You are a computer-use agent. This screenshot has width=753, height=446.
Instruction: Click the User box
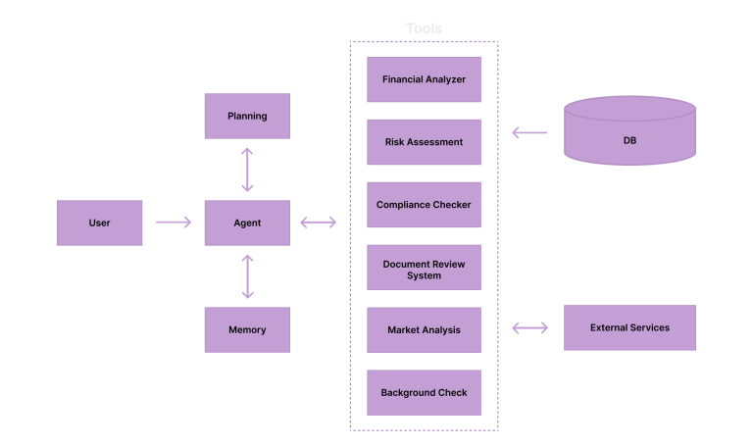pos(100,223)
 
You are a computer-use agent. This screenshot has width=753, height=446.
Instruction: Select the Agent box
pos(247,223)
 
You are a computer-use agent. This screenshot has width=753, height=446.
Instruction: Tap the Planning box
pos(247,116)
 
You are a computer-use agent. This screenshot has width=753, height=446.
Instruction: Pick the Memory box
pos(247,329)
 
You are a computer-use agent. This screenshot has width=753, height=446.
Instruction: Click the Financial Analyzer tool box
pos(424,79)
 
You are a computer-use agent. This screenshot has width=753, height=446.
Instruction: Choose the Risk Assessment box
pos(424,142)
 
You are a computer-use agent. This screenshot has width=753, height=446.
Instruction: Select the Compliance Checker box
pos(424,205)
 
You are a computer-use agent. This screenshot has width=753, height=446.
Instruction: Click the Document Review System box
pos(424,268)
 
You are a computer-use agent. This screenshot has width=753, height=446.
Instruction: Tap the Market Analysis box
pos(424,330)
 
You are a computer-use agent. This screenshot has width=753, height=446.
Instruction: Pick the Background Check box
pos(424,393)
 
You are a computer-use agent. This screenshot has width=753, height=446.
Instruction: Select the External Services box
pos(629,327)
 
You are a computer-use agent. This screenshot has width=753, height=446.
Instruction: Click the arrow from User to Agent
pos(174,223)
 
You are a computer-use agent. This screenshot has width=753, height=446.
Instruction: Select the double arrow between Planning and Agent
pos(247,170)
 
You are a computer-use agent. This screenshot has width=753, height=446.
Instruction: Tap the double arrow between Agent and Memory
pos(247,275)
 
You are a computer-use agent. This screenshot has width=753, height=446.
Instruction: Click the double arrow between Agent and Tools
pos(318,223)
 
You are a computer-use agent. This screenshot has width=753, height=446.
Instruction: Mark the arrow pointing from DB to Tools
pos(530,133)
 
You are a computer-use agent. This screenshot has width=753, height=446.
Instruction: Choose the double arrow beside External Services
pos(530,327)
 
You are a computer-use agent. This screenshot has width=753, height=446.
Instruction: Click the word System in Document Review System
pos(424,276)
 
